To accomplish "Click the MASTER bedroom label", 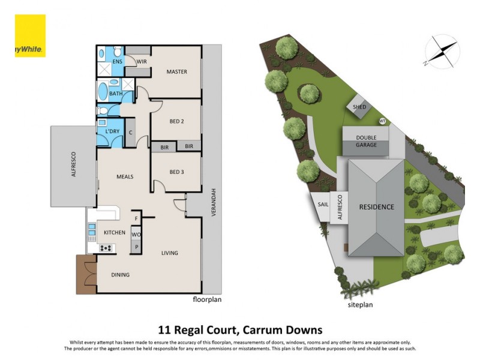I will (176, 72).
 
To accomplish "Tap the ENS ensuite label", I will (117, 61).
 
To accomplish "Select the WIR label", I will (142, 61).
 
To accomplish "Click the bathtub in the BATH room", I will (103, 93).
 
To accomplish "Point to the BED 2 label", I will (176, 121).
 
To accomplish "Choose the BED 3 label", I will (176, 172).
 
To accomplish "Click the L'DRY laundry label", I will (112, 131).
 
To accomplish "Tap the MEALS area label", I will (124, 176).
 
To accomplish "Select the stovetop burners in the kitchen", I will (106, 248).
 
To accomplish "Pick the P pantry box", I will (136, 247).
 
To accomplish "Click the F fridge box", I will (137, 218).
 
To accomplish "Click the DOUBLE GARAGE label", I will (366, 141).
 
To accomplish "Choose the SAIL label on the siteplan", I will (323, 204).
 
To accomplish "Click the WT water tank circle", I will (382, 122).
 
